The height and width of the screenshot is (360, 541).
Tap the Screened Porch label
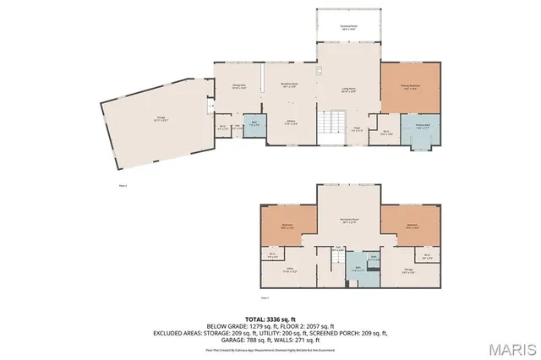tap(347, 28)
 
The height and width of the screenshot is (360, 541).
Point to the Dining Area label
tap(239, 86)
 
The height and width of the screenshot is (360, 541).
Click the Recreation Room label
tap(347, 222)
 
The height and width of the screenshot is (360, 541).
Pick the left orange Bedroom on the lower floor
tap(287, 226)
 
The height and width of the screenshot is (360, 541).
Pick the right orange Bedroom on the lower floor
tap(412, 226)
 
